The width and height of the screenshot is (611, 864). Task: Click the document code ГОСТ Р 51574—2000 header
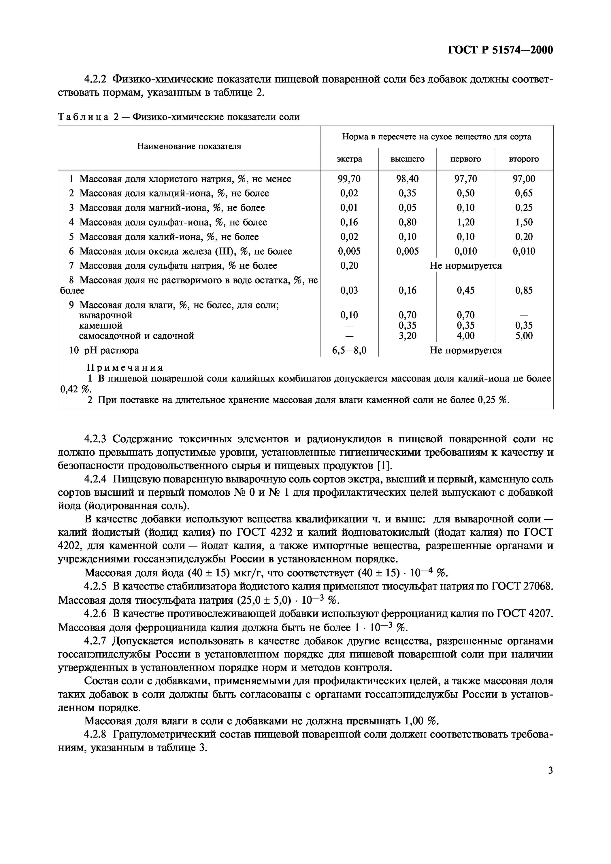500,50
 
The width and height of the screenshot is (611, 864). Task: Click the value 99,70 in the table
349,179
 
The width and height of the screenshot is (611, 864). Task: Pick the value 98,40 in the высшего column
407,179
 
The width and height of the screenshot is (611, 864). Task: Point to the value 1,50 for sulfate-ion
524,222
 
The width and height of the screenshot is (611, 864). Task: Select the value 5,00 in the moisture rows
524,336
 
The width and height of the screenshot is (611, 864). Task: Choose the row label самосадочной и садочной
136,336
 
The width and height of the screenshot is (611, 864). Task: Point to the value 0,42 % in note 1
76,389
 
